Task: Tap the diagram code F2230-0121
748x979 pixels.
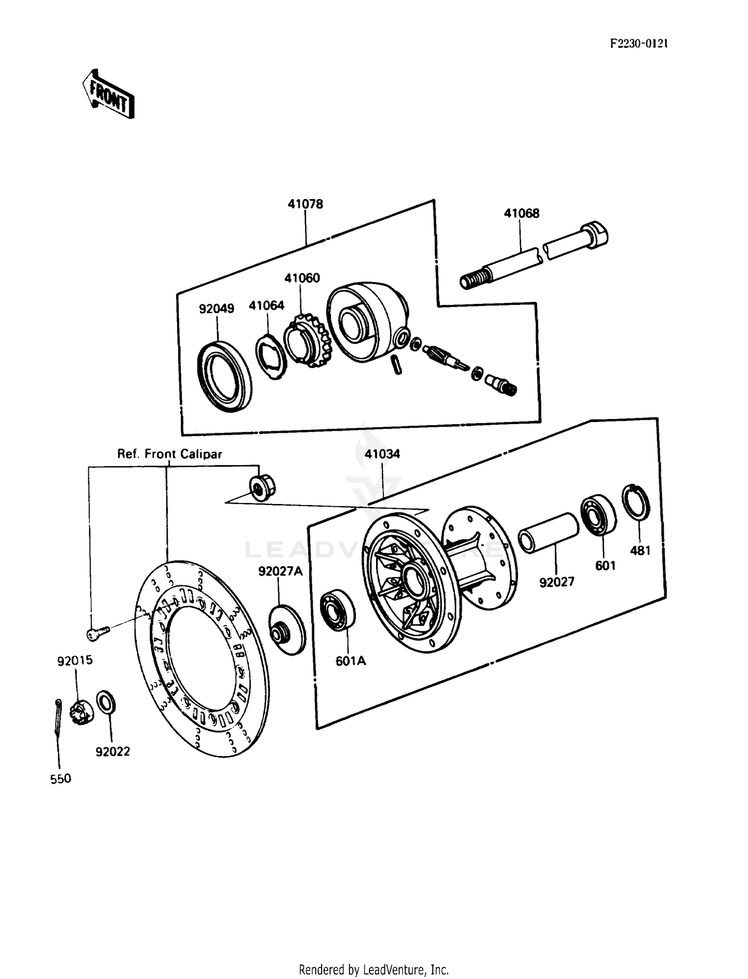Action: tap(639, 43)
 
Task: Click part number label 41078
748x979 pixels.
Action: tap(305, 204)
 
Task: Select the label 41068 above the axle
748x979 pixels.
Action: tap(521, 214)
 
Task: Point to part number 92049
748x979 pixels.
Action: tap(216, 308)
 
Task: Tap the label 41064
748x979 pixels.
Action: tap(266, 305)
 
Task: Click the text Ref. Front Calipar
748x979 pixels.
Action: tap(170, 454)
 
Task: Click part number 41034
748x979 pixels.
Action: tap(382, 454)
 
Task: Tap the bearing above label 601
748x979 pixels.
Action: tap(598, 514)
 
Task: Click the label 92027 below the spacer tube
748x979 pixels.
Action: tap(557, 582)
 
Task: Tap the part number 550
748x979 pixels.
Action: tap(61, 778)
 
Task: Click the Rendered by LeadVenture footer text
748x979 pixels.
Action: tap(374, 970)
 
